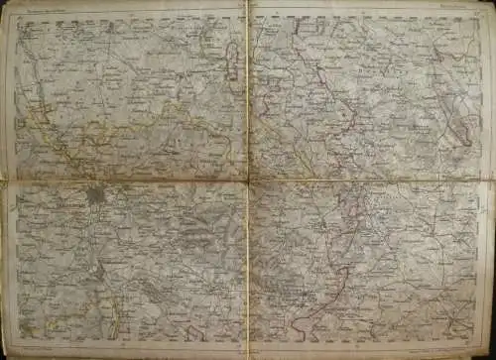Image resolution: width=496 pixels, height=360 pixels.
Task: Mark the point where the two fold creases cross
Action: [x=247, y=182]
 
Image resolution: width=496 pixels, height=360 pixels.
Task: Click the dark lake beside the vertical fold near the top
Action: [x=234, y=69]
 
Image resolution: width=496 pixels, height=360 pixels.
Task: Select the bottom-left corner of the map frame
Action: [x=15, y=342]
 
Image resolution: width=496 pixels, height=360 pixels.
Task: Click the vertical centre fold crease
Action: [x=247, y=268]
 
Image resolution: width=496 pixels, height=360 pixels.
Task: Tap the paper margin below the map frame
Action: [x=248, y=351]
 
